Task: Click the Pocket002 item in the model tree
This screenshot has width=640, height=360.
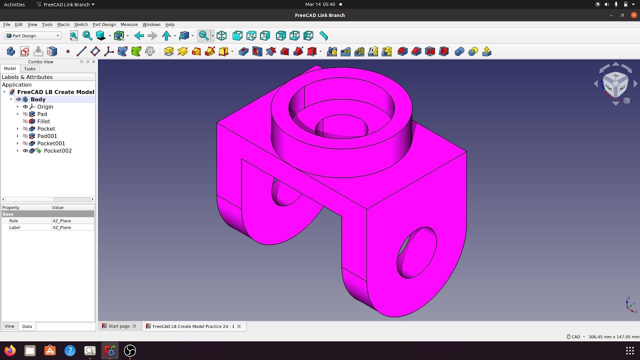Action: pyautogui.click(x=57, y=150)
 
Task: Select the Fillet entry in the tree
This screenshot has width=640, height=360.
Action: pyautogui.click(x=43, y=121)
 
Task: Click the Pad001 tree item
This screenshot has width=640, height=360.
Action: pyautogui.click(x=47, y=136)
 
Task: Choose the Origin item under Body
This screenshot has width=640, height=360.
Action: pyautogui.click(x=45, y=106)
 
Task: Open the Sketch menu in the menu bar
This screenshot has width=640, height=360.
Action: pyautogui.click(x=81, y=24)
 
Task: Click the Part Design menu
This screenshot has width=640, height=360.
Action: pyautogui.click(x=104, y=24)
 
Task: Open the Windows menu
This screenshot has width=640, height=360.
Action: pyautogui.click(x=151, y=24)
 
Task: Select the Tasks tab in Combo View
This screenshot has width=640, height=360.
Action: pyautogui.click(x=30, y=68)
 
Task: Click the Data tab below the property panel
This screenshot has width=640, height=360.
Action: pyautogui.click(x=27, y=326)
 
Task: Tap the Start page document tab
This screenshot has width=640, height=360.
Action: pyautogui.click(x=119, y=326)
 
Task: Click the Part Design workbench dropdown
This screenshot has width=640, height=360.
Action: pyautogui.click(x=33, y=36)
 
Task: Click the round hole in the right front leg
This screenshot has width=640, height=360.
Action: pyautogui.click(x=416, y=252)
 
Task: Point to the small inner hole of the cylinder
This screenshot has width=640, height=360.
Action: pyautogui.click(x=342, y=127)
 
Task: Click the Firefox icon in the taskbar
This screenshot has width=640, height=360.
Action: pyautogui.click(x=10, y=350)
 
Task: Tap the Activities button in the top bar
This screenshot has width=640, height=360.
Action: pyautogui.click(x=14, y=4)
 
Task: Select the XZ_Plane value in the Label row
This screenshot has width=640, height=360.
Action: pyautogui.click(x=62, y=227)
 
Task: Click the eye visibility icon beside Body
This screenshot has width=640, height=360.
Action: pyautogui.click(x=18, y=99)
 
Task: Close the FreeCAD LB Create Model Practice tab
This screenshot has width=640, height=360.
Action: pyautogui.click(x=239, y=326)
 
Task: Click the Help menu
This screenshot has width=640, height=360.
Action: pyautogui.click(x=170, y=24)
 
